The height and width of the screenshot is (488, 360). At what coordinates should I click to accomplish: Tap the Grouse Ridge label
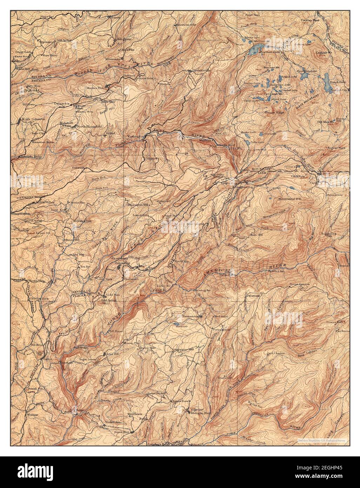point(275,113)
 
